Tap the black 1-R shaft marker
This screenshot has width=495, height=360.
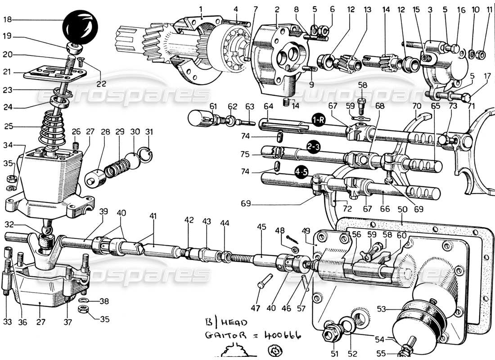319,120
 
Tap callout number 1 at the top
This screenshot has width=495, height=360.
201,8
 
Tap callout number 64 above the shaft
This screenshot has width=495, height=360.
268,107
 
